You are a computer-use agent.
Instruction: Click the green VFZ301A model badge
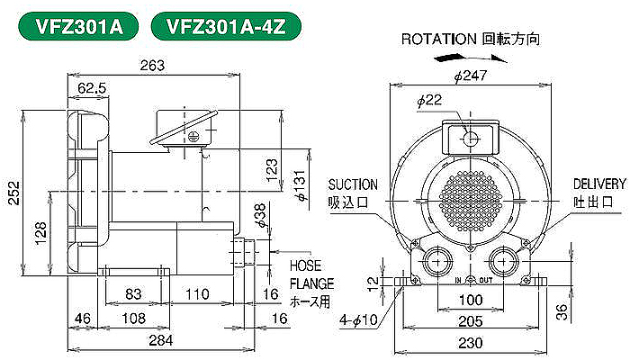point(79,27)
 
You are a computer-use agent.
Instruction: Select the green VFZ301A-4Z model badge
point(226,27)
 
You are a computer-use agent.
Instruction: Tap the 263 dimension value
point(152,65)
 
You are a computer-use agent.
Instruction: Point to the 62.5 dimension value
point(93,88)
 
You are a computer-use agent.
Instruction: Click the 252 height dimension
point(14,193)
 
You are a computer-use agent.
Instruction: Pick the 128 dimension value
point(40,233)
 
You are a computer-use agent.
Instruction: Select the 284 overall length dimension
point(161,340)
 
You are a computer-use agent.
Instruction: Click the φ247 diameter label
point(471,75)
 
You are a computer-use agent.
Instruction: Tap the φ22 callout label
point(429,100)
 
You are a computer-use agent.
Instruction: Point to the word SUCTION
point(353,184)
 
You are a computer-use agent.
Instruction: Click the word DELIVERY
point(599,184)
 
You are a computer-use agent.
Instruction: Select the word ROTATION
point(439,39)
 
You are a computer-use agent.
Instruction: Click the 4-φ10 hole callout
point(358,319)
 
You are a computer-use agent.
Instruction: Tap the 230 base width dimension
point(471,343)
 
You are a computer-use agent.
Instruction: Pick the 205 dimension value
point(471,321)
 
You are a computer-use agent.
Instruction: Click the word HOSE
point(306,265)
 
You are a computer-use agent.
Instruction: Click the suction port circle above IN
point(436,262)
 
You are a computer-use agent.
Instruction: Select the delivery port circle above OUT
point(502,262)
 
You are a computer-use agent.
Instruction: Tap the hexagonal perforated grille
point(470,201)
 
